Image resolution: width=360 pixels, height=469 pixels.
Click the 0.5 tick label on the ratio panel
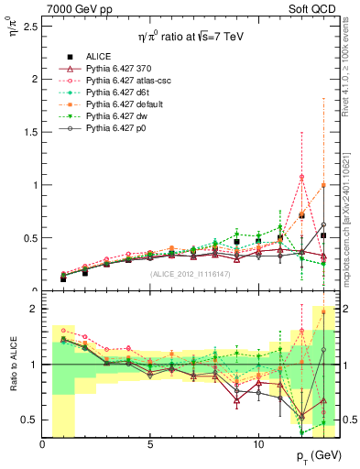click(29, 420)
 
